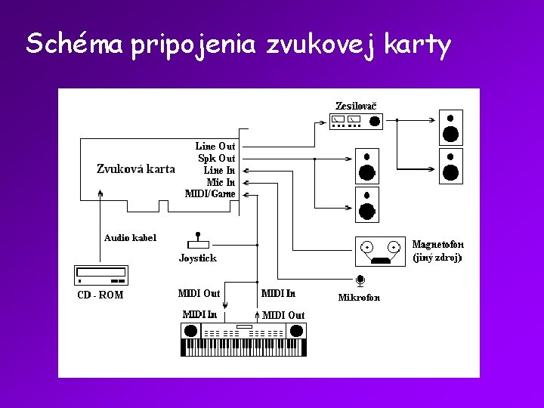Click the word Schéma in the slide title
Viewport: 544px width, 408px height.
pyautogui.click(x=74, y=44)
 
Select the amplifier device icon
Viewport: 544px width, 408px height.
pyautogui.click(x=356, y=121)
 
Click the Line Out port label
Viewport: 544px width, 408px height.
pyautogui.click(x=215, y=146)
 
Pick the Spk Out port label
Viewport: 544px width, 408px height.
pyautogui.click(x=216, y=158)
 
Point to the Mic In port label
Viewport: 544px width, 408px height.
pyautogui.click(x=220, y=182)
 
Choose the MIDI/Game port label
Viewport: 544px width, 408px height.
pyautogui.click(x=210, y=193)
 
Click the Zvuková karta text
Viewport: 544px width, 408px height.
pyautogui.click(x=136, y=168)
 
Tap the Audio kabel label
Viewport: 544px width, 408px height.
pyautogui.click(x=130, y=237)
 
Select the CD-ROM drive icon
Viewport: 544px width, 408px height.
pyautogui.click(x=101, y=274)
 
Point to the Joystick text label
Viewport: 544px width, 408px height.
pyautogui.click(x=197, y=258)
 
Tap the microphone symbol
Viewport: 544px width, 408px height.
pyautogui.click(x=360, y=281)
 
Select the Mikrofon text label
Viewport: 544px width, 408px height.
pyautogui.click(x=359, y=297)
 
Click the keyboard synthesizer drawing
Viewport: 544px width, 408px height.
pyautogui.click(x=244, y=339)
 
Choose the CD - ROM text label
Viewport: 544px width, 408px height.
pyautogui.click(x=100, y=295)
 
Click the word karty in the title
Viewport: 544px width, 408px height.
pyautogui.click(x=417, y=45)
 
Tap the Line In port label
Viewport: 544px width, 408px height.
pyautogui.click(x=219, y=170)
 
